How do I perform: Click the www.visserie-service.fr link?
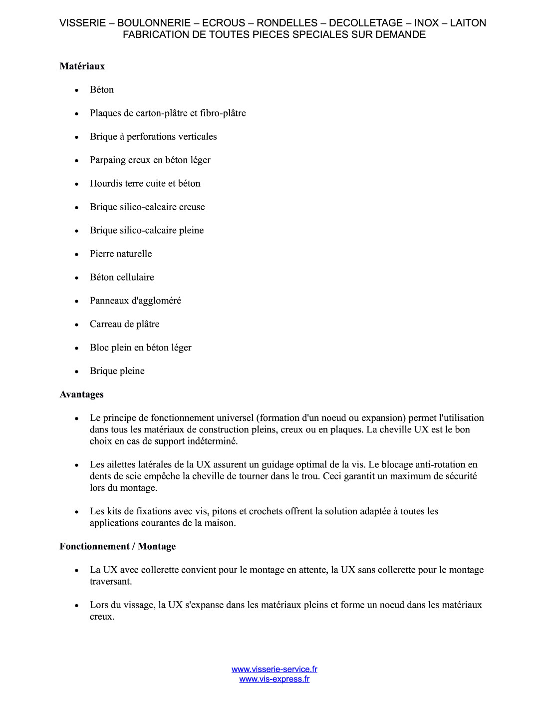click(x=274, y=669)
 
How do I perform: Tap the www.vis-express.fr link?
click(x=274, y=679)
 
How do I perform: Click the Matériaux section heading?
click(x=82, y=66)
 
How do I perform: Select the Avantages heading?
click(x=81, y=394)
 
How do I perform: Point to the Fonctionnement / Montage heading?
click(x=117, y=546)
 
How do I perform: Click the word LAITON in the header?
click(x=468, y=23)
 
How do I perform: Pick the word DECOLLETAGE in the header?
click(x=365, y=23)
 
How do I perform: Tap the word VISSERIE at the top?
click(x=82, y=23)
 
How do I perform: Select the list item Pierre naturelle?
click(x=121, y=254)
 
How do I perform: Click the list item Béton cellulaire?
click(x=122, y=277)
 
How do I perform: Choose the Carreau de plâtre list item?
click(x=124, y=324)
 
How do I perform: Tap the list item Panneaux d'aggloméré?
click(x=135, y=301)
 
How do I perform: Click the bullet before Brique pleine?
click(x=77, y=371)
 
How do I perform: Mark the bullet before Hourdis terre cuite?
click(x=77, y=184)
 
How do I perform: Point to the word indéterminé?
click(x=211, y=441)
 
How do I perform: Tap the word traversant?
click(x=110, y=582)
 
